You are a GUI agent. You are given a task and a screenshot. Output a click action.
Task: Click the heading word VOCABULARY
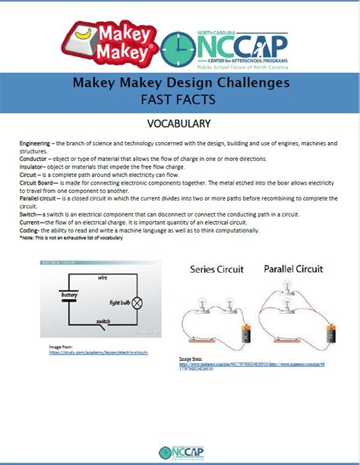tap(180, 123)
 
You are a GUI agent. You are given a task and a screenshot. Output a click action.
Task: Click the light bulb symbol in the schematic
tap(137, 302)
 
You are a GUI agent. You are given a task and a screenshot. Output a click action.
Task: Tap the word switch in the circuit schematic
tap(103, 321)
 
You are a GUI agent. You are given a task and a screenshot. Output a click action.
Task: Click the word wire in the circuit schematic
tap(103, 278)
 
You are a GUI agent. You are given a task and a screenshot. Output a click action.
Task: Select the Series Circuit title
tap(216, 269)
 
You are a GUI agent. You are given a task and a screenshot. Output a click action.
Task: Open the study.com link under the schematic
tap(98, 353)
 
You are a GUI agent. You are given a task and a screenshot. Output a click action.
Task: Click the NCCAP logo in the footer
tap(180, 451)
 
